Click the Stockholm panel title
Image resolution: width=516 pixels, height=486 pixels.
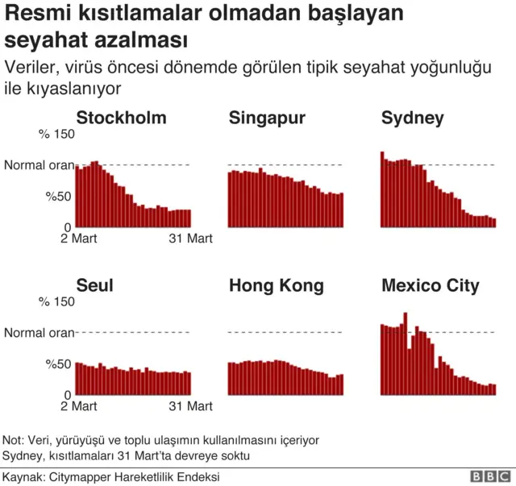pos(121,118)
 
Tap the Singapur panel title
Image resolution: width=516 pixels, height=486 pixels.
pos(267,118)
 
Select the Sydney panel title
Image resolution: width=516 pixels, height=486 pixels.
pos(412,118)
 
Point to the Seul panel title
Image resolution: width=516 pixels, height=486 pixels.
pos(94,285)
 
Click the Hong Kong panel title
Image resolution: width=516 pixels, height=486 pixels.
pos(276,285)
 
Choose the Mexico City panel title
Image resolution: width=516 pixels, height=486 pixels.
pos(430,285)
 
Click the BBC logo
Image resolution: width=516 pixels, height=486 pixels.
pos(486,477)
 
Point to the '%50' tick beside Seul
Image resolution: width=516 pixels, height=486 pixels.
pos(59,363)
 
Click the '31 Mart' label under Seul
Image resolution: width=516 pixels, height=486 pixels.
pos(190,406)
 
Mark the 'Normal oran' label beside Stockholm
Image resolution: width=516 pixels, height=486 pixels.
pos(39,165)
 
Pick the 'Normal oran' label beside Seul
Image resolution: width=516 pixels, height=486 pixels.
pos(39,332)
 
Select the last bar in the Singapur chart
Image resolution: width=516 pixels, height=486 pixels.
pos(341,210)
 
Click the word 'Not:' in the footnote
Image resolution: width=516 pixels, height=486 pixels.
pos(14,440)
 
